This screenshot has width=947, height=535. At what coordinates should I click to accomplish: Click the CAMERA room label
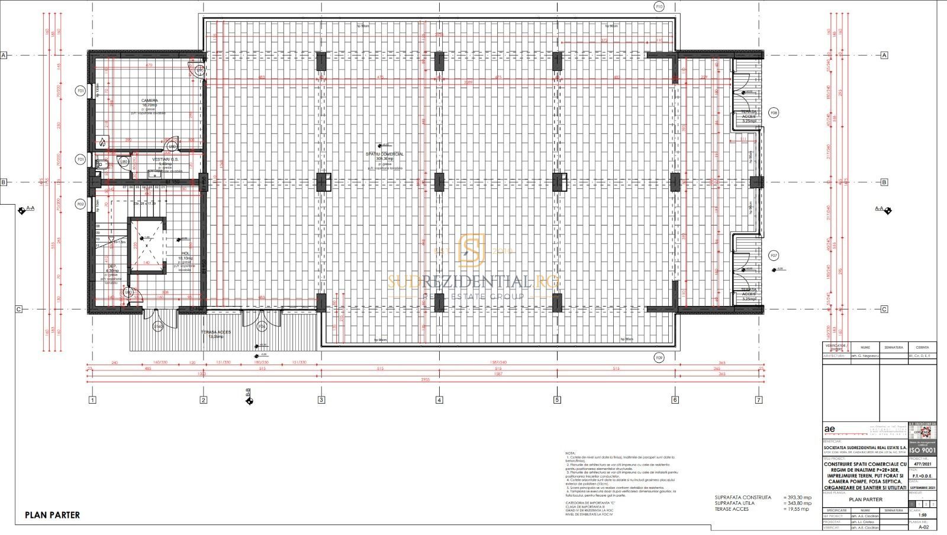point(149,101)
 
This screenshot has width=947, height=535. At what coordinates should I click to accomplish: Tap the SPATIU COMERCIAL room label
point(385,154)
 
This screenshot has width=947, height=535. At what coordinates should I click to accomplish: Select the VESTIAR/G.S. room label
point(161,160)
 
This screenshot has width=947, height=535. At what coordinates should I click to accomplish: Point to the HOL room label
point(185,253)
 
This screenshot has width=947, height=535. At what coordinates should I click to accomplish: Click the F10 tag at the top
point(659,7)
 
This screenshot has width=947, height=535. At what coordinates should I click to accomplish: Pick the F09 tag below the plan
point(659,357)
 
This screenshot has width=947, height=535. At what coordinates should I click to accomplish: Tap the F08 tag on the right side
point(774,112)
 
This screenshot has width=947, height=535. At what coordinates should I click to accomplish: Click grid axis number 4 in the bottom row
point(439,400)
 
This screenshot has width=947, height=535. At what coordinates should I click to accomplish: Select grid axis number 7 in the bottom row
point(759,400)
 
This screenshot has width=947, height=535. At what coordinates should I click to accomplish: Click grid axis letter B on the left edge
point(4,182)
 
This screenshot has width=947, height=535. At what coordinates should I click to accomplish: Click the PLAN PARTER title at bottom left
point(52,515)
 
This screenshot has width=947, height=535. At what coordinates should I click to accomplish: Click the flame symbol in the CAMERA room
point(102,141)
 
